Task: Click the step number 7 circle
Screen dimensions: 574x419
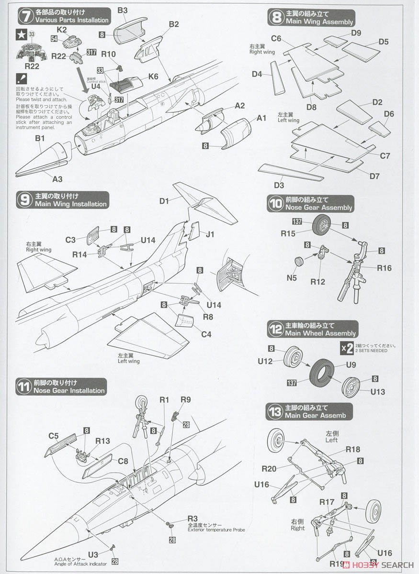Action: [25, 15]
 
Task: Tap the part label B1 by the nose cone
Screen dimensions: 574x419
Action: [40, 139]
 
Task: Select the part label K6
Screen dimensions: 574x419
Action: [153, 76]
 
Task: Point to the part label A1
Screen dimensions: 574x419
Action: [261, 118]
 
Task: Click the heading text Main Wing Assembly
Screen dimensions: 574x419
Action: [319, 22]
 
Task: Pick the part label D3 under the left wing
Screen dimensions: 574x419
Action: [279, 185]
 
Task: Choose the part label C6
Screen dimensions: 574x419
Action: [276, 38]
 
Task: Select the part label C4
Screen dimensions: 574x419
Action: [206, 334]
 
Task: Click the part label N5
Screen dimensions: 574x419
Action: [292, 277]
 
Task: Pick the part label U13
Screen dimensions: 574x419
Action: [377, 391]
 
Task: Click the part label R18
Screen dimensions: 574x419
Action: [353, 449]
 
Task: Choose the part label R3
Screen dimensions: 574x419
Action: [193, 519]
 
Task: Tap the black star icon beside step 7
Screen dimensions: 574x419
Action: [21, 34]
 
